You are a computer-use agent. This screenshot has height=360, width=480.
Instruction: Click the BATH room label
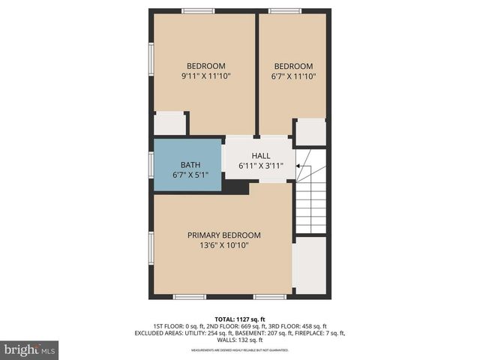pyautogui.click(x=190, y=164)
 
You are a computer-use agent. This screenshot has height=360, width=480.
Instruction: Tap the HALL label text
pyautogui.click(x=260, y=156)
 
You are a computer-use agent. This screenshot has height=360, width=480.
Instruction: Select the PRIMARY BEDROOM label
pyautogui.click(x=224, y=235)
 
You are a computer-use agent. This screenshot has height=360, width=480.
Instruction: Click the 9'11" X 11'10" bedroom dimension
pyautogui.click(x=205, y=76)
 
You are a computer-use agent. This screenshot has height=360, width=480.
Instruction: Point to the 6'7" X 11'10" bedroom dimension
pyautogui.click(x=294, y=76)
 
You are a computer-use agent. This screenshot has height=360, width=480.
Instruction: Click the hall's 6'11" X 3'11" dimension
pyautogui.click(x=260, y=166)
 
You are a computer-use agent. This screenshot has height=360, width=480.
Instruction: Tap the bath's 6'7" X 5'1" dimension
pyautogui.click(x=190, y=174)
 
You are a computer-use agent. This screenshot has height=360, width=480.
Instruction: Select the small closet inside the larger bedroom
pyautogui.click(x=169, y=123)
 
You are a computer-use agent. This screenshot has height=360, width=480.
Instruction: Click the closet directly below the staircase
pyautogui.click(x=309, y=265)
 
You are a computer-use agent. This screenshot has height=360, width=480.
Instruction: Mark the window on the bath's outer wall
pyautogui.click(x=151, y=164)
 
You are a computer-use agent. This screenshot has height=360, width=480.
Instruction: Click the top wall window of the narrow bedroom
pyautogui.click(x=285, y=10)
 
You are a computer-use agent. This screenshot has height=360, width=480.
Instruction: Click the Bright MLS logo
pyautogui.click(x=29, y=349)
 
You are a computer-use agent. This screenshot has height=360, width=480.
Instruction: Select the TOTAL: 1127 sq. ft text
pyautogui.click(x=240, y=319)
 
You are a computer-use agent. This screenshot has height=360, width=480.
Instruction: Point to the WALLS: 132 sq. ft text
pyautogui.click(x=240, y=340)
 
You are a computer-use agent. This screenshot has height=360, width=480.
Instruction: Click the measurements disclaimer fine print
pyautogui.click(x=240, y=350)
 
